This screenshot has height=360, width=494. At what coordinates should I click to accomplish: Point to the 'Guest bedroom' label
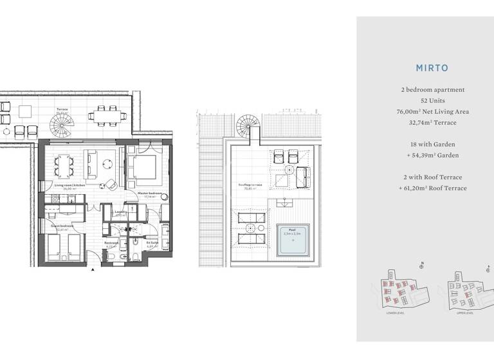(62, 226)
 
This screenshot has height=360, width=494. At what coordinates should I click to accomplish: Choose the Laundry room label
(120, 212)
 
